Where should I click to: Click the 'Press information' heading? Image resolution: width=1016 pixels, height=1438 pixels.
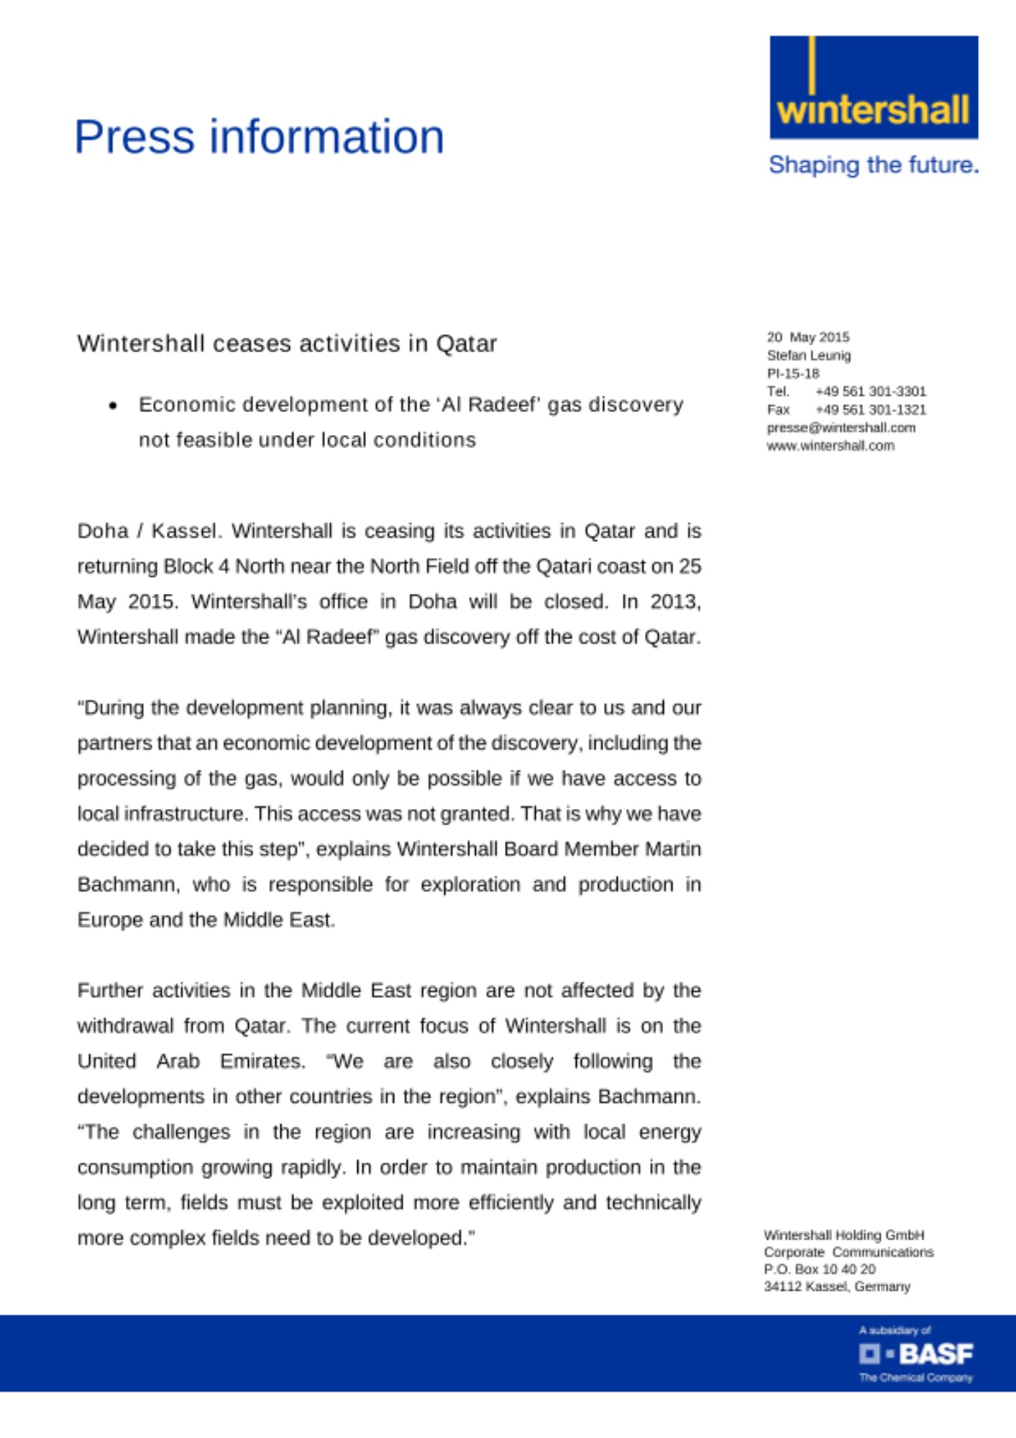click(x=259, y=137)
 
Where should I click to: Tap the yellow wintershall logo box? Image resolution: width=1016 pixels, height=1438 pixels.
click(x=873, y=88)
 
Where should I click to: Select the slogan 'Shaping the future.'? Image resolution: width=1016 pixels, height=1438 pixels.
click(x=873, y=165)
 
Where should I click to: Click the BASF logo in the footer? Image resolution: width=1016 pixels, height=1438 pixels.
click(x=916, y=1355)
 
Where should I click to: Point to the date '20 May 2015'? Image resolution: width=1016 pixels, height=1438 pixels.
click(x=807, y=337)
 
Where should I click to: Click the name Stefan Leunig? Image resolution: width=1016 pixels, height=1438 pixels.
click(x=808, y=355)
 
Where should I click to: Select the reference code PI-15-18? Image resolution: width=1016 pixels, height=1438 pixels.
click(x=792, y=373)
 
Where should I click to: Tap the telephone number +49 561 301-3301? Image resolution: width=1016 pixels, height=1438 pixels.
click(x=870, y=391)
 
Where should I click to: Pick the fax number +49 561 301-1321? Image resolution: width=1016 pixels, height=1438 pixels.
click(x=870, y=410)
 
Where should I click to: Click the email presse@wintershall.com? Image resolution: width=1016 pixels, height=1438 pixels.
click(x=841, y=428)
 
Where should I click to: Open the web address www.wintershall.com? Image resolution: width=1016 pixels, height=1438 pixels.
click(x=830, y=446)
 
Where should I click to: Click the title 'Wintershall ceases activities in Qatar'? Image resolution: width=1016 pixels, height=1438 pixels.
click(x=287, y=344)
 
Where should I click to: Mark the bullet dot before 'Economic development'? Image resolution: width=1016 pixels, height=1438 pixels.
click(x=113, y=406)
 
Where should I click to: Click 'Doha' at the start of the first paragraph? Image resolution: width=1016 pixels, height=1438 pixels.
click(x=102, y=531)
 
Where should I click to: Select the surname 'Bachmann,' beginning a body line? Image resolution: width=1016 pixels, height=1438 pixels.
click(x=128, y=884)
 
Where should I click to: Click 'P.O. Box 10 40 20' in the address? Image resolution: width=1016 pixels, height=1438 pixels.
click(x=819, y=1270)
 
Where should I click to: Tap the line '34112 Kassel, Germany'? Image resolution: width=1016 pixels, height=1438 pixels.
click(x=836, y=1287)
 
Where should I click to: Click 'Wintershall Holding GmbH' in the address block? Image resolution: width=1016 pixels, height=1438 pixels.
click(x=843, y=1235)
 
